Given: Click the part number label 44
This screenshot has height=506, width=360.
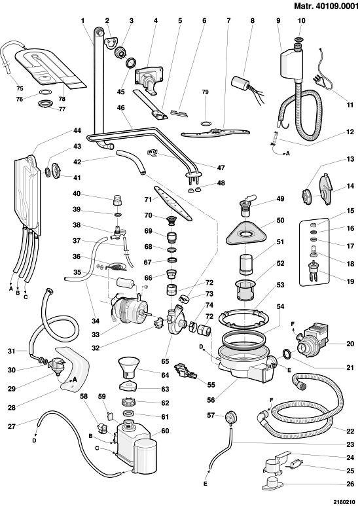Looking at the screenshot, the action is pyautogui.click(x=77, y=131).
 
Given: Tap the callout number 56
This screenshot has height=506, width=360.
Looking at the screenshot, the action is pyautogui.click(x=211, y=400).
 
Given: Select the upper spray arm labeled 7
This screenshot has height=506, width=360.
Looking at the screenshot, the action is pyautogui.click(x=215, y=132).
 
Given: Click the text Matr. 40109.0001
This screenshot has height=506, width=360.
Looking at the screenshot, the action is pyautogui.click(x=326, y=6).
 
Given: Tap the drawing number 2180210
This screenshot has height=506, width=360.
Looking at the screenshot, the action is pyautogui.click(x=345, y=502).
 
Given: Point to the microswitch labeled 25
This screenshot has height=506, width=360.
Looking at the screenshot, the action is pyautogui.click(x=295, y=464).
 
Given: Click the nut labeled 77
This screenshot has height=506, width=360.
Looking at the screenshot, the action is pyautogui.click(x=45, y=104).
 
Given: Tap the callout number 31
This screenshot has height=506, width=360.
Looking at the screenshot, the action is pyautogui.click(x=11, y=351).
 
